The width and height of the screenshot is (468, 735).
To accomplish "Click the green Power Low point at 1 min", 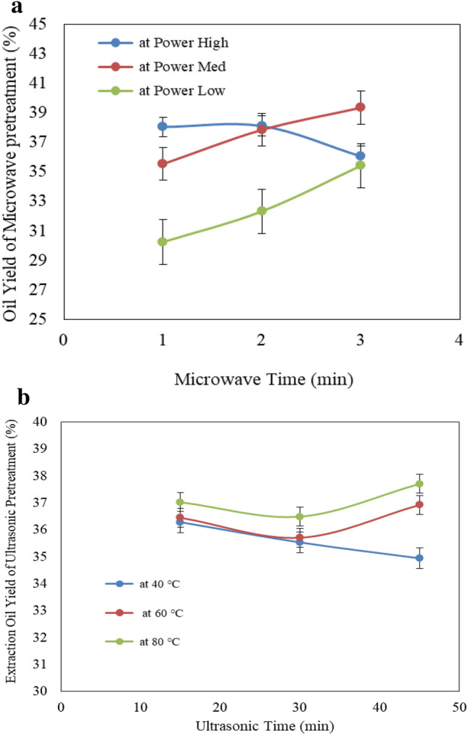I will [x=163, y=242].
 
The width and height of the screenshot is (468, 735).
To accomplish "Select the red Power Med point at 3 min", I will [x=360, y=107].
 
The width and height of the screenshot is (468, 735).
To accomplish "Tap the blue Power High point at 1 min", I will [x=163, y=126].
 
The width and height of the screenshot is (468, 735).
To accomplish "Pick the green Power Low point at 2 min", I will [x=261, y=211].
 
